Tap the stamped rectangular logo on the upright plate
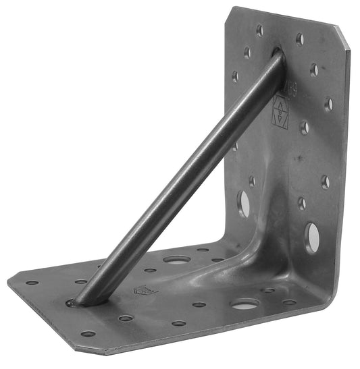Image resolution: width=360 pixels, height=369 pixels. [280, 111]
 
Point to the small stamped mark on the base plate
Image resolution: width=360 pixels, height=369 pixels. [145, 290]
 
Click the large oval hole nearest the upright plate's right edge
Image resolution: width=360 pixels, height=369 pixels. [311, 237]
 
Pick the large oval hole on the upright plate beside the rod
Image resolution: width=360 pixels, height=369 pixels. [243, 204]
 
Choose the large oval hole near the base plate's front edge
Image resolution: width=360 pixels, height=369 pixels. [245, 304]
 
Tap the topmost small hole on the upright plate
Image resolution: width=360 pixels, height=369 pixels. [259, 30]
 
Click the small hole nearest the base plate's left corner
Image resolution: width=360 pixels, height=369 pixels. [32, 283]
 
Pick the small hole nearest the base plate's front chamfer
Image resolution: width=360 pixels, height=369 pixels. [88, 333]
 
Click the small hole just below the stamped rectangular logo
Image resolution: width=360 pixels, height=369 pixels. [304, 127]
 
